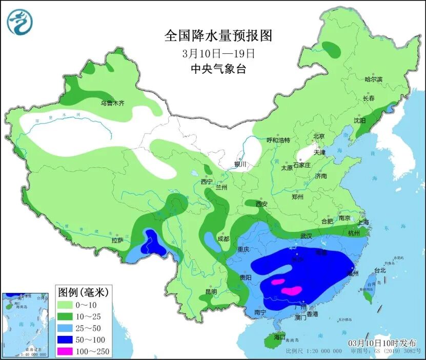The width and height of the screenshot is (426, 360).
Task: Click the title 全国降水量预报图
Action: click(217, 35)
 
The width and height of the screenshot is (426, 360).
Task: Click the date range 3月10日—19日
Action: click(218, 53)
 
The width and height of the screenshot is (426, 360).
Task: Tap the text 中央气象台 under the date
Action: click(218, 69)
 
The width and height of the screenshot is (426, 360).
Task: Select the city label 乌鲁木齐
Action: click(112, 103)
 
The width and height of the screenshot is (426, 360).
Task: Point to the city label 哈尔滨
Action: click(373, 79)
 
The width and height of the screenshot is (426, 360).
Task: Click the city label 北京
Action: click(319, 136)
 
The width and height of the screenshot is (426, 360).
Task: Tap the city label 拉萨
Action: click(117, 240)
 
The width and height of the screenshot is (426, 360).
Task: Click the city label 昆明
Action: click(211, 291)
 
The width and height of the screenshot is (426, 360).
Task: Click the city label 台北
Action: click(380, 270)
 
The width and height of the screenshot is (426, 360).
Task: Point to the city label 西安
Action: click(261, 204)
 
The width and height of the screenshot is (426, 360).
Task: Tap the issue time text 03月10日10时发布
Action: click(382, 343)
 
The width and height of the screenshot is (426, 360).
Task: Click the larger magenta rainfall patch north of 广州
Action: click(291, 290)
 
